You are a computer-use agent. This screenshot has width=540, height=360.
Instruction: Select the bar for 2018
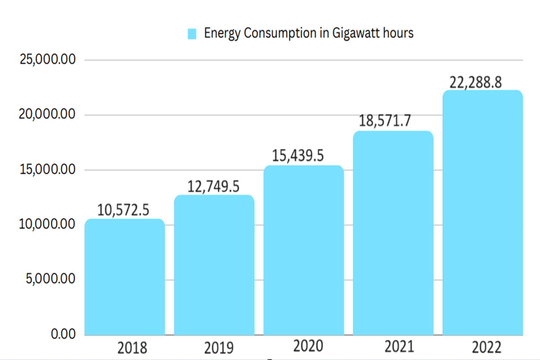click(x=125, y=277)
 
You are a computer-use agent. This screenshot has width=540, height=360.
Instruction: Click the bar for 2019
click(x=214, y=265)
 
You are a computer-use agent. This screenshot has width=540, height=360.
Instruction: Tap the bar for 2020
click(x=304, y=250)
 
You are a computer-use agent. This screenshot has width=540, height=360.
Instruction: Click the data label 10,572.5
click(x=123, y=210)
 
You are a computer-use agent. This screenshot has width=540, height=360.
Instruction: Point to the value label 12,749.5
click(x=213, y=186)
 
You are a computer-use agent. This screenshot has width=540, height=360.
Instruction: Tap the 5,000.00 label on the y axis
click(x=50, y=279)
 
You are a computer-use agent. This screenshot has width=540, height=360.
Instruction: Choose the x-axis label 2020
click(x=308, y=346)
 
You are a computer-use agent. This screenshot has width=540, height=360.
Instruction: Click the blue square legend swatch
click(x=192, y=34)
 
